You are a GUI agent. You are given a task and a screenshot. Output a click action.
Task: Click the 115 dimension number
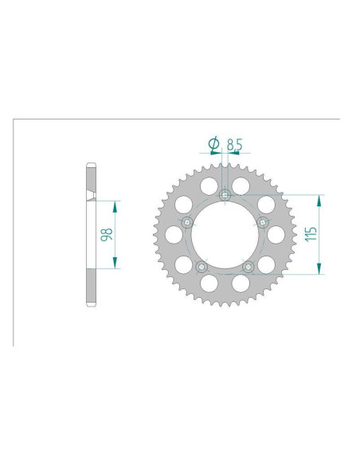[311, 234]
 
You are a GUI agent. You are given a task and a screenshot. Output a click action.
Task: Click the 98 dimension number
[107, 234]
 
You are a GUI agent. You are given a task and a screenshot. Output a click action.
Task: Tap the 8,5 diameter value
[235, 145]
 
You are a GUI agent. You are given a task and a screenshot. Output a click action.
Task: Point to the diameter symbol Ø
[213, 144]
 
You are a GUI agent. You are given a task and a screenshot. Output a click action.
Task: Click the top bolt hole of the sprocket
[225, 195]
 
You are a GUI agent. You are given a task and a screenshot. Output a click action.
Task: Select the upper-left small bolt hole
[187, 222]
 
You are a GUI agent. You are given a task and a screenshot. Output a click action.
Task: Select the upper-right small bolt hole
[263, 222]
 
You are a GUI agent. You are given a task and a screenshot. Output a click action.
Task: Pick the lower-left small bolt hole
[202, 268]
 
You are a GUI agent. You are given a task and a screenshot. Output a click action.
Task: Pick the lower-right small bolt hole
[248, 268]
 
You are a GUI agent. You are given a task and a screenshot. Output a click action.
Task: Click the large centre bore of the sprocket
[225, 235]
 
